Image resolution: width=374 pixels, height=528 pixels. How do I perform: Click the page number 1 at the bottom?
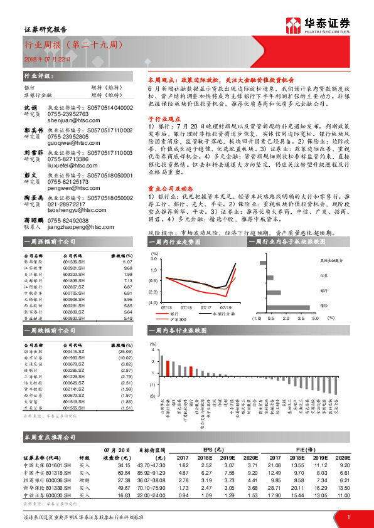pos(348,516)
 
